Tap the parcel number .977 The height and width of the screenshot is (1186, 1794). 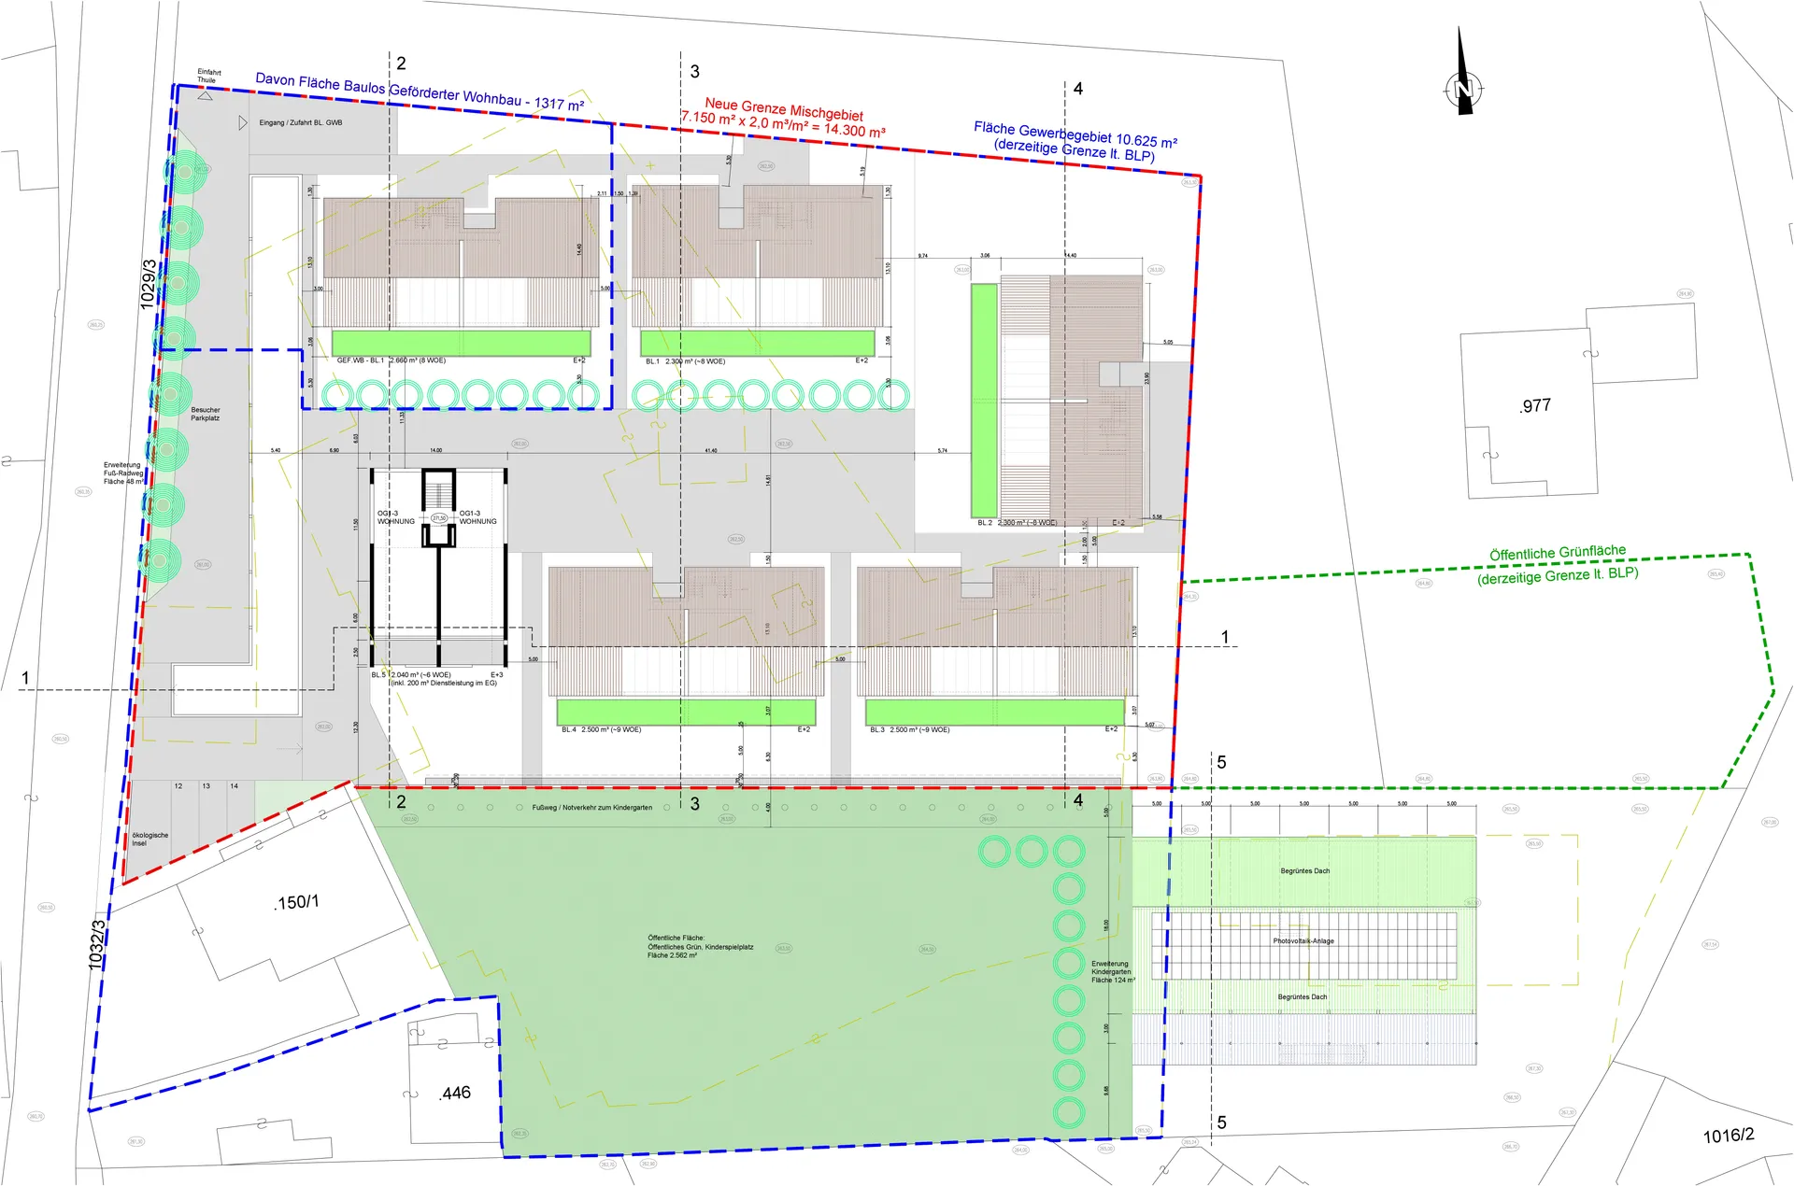pos(1535,405)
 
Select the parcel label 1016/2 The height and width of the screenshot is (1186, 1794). pos(1728,1136)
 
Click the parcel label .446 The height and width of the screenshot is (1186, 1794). pos(455,1093)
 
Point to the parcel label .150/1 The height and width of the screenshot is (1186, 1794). pos(297,902)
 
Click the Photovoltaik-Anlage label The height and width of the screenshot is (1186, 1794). pos(1303,941)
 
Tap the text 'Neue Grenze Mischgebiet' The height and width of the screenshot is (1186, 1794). pos(783,108)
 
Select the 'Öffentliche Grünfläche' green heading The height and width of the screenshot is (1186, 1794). pos(1557,553)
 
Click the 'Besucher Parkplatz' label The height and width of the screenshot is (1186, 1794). pos(205,414)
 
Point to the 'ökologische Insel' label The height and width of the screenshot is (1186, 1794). pos(149,839)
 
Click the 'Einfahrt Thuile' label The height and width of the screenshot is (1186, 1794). pos(208,76)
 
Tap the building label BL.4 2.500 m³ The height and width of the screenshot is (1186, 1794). pos(601,729)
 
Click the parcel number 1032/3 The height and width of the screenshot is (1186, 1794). pos(97,944)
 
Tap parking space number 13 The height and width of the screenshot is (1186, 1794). pos(206,786)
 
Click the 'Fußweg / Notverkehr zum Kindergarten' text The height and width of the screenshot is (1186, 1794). pos(591,808)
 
